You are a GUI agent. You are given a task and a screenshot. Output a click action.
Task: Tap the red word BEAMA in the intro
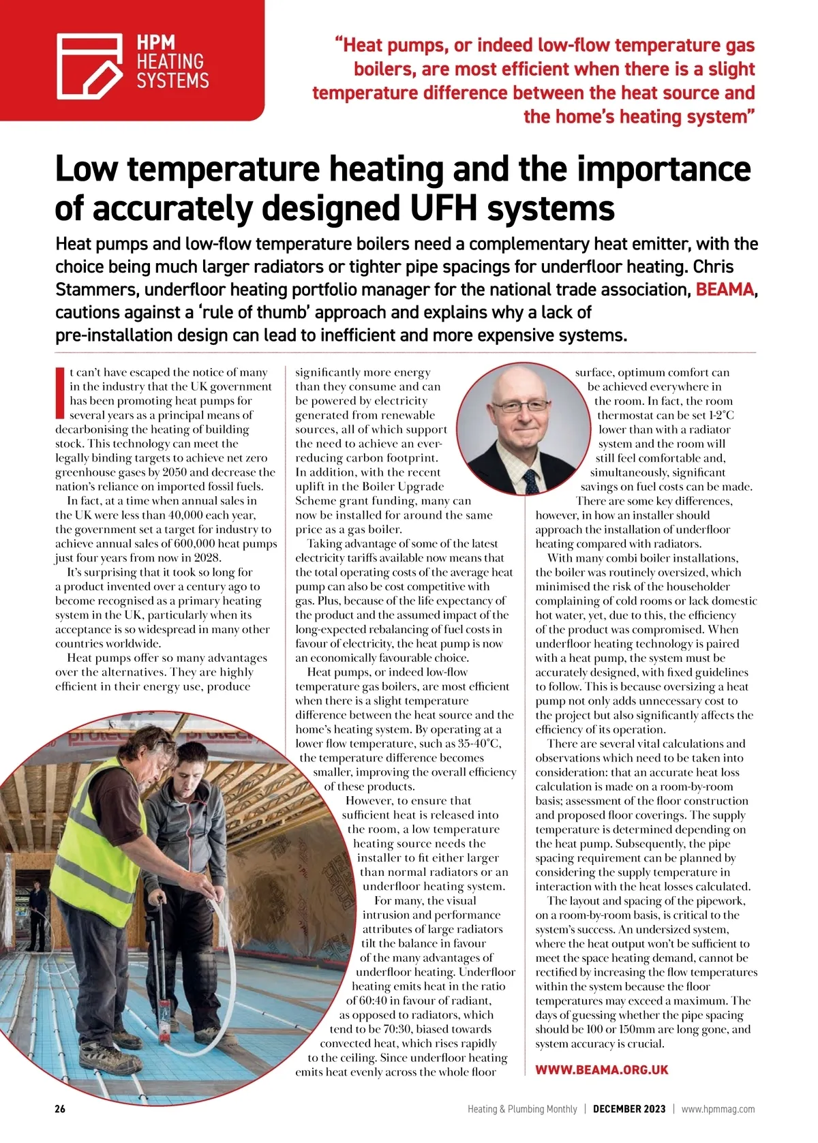coord(724,290)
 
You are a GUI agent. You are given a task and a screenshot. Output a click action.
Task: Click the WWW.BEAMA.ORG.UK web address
coord(601,1070)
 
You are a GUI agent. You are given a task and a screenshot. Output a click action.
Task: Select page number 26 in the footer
coord(60,1109)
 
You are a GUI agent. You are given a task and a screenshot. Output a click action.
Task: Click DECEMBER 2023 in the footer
coord(628,1109)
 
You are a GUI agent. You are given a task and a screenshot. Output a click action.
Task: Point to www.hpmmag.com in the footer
coord(718,1109)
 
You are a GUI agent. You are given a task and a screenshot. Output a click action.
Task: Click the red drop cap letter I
coord(60,393)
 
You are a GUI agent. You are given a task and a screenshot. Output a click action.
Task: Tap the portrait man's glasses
coord(515,407)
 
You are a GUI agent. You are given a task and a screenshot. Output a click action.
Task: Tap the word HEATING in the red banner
coord(170,61)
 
